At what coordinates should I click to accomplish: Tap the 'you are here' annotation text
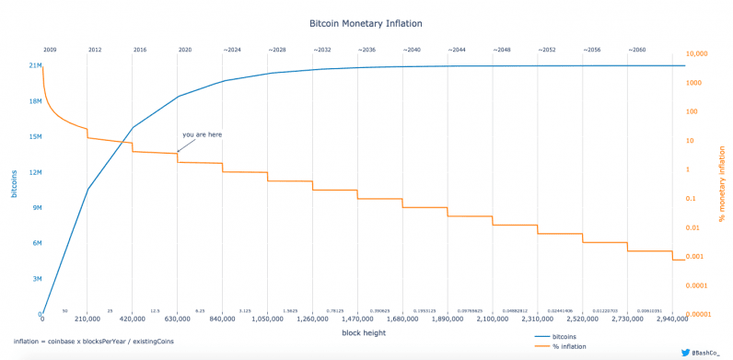pyautogui.click(x=202, y=134)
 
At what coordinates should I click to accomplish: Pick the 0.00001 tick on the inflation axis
pyautogui.click(x=703, y=314)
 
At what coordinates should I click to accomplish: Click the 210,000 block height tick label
pyautogui.click(x=87, y=320)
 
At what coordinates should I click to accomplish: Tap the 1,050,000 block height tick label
pyautogui.click(x=267, y=320)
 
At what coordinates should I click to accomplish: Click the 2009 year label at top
pyautogui.click(x=50, y=48)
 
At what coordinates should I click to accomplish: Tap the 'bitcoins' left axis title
pyautogui.click(x=14, y=184)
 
